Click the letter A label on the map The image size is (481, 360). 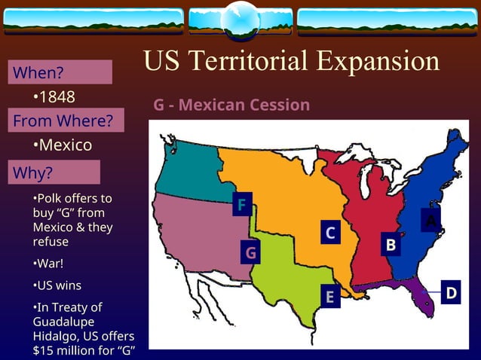coord(430,220)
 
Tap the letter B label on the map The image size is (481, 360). coord(391,245)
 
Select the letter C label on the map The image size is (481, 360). coord(329,233)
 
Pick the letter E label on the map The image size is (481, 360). coord(329,297)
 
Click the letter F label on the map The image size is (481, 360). coord(241,205)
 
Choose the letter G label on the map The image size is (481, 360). coord(251,252)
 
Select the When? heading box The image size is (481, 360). coord(60,73)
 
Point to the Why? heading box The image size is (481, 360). coord(54,172)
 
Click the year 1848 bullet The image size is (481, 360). coord(54,97)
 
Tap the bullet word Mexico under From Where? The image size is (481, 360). coord(63,145)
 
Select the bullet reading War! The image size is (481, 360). coord(48,264)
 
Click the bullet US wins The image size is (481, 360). coord(57,285)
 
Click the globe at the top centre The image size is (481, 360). coord(240,20)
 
